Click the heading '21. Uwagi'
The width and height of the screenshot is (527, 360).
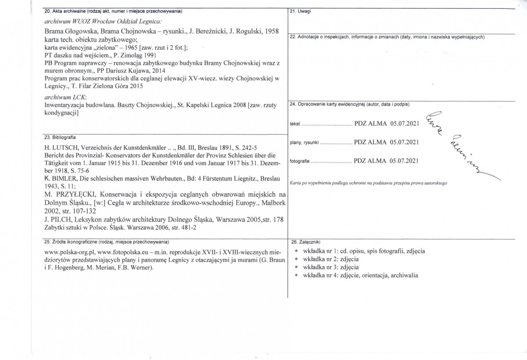click(300, 11)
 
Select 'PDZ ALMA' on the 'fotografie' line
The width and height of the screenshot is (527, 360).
click(370, 160)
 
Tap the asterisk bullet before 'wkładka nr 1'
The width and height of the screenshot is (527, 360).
click(297, 251)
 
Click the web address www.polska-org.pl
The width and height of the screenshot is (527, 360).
click(69, 253)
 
